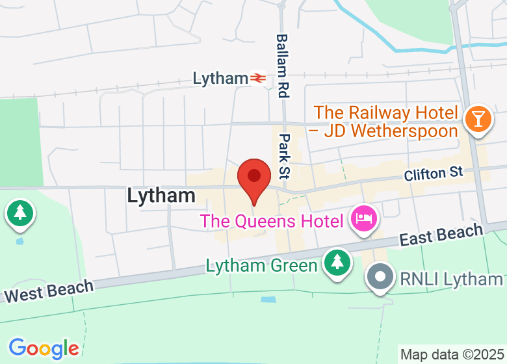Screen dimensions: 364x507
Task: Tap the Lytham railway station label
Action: click(x=220, y=79)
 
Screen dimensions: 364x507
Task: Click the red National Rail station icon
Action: click(x=259, y=79)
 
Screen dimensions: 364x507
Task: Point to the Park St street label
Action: click(x=285, y=156)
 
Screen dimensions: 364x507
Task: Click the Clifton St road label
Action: click(x=434, y=174)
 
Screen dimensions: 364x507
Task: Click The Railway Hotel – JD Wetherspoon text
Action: click(x=386, y=122)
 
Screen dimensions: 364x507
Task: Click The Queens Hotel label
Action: click(x=272, y=220)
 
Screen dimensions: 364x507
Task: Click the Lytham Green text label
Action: click(x=262, y=265)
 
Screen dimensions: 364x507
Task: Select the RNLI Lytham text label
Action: click(x=452, y=279)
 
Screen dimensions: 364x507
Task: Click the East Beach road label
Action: click(x=441, y=235)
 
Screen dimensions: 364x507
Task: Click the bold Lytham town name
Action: click(x=161, y=195)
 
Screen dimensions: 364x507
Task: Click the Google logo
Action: click(x=44, y=348)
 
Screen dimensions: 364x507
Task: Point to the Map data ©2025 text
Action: click(x=452, y=355)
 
